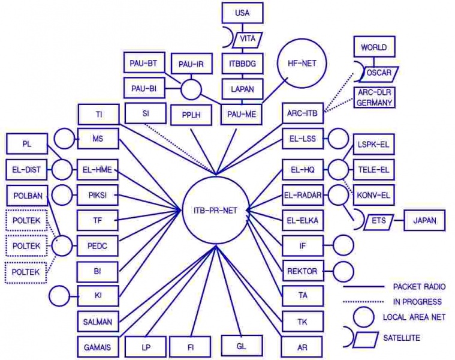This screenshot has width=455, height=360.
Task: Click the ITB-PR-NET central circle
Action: (x=214, y=209)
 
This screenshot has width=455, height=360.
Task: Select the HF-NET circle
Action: (x=302, y=62)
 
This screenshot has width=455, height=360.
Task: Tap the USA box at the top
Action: (x=242, y=13)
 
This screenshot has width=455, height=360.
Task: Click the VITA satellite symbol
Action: (x=246, y=38)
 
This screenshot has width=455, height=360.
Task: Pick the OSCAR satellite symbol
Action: (x=377, y=73)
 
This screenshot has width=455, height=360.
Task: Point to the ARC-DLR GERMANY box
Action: (x=375, y=98)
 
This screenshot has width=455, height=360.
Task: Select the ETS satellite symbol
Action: (x=378, y=220)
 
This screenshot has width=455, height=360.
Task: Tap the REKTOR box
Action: (x=303, y=271)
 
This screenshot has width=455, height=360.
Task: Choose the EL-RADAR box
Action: (x=303, y=195)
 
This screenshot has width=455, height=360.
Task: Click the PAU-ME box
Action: (x=242, y=113)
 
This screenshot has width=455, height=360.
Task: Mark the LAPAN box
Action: (x=242, y=89)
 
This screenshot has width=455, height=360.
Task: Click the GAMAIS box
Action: (x=98, y=347)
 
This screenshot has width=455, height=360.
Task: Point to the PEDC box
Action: (x=98, y=246)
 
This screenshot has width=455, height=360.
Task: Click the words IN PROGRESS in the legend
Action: (x=417, y=301)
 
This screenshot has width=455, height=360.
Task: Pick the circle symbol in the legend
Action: (x=364, y=317)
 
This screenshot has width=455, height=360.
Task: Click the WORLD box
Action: (x=373, y=47)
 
